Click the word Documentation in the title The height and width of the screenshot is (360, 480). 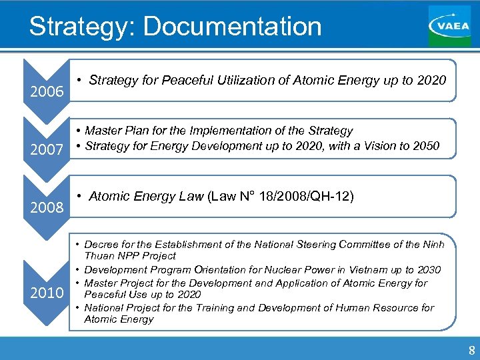232,27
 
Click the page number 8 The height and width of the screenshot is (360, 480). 471,351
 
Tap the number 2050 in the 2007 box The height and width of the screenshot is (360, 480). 426,145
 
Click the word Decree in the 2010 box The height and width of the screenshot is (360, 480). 100,244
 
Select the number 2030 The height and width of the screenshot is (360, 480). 427,269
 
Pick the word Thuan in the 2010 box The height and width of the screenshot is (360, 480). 97,256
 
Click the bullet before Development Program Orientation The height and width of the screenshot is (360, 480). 77,269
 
